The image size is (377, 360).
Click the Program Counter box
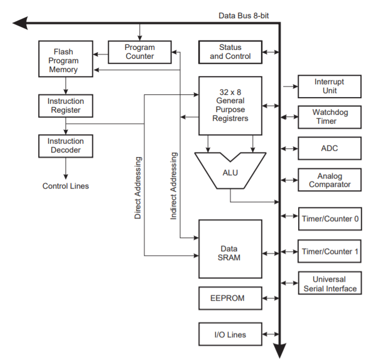click(x=139, y=52)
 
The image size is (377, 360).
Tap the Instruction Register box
click(x=66, y=105)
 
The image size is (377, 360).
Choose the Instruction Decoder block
click(x=66, y=145)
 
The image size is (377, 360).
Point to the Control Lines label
click(x=66, y=186)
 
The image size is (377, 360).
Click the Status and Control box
click(x=230, y=52)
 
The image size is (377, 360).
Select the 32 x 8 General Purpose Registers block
click(x=230, y=105)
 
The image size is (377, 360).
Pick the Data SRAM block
click(x=230, y=249)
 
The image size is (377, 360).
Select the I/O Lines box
click(x=230, y=334)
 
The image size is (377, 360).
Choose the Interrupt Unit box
click(x=329, y=86)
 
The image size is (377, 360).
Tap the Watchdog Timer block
click(x=329, y=116)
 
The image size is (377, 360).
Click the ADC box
click(x=329, y=148)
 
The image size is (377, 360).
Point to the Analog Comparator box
click(x=329, y=180)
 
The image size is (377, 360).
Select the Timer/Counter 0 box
click(x=330, y=219)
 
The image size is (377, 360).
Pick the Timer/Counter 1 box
click(x=330, y=251)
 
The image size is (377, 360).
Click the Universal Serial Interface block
click(x=330, y=284)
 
